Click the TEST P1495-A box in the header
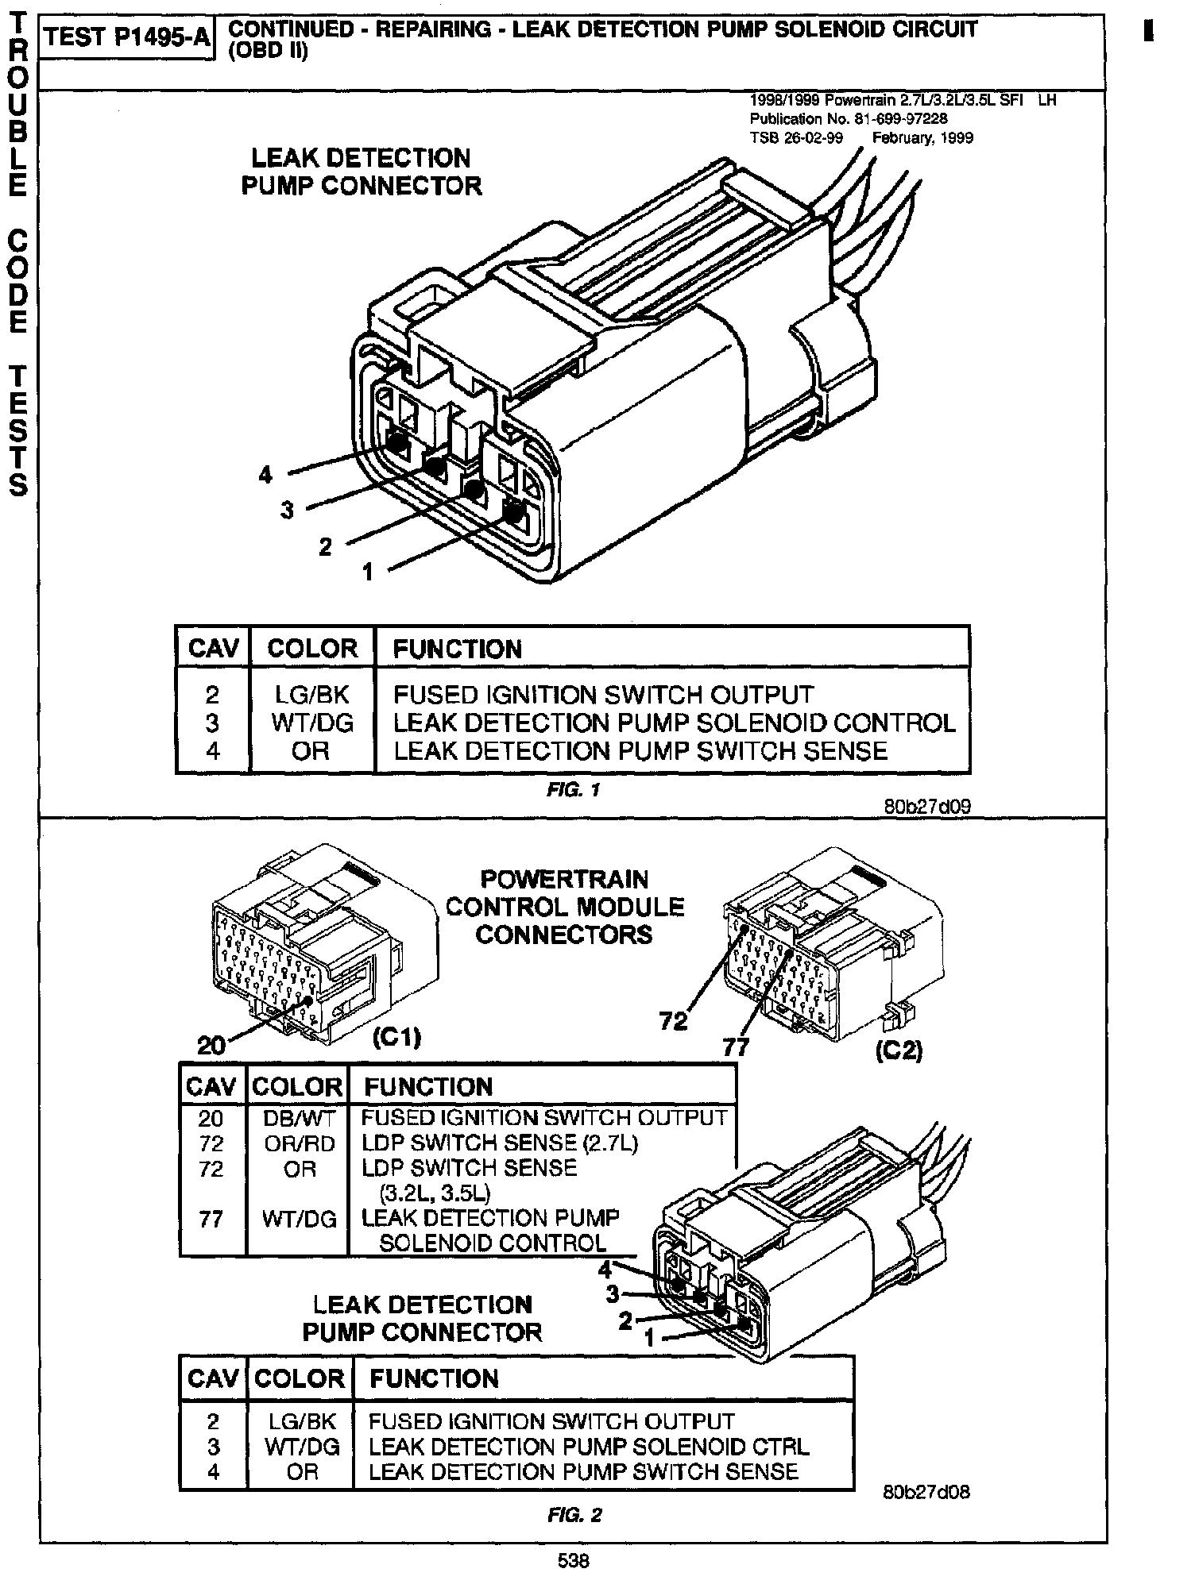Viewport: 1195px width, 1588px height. click(126, 39)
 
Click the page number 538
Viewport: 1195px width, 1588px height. click(573, 1561)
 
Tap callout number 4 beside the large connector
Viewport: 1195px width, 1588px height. click(265, 475)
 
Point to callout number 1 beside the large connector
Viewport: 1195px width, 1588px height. click(367, 571)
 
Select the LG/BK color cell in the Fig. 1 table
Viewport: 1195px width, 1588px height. click(311, 695)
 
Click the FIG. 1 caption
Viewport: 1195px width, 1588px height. click(573, 790)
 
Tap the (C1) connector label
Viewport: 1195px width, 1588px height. click(396, 1038)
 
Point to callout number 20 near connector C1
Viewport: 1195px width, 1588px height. click(211, 1046)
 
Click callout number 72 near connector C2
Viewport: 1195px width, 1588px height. click(673, 1021)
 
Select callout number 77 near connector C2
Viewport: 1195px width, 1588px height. click(736, 1048)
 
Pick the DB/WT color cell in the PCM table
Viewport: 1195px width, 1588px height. click(299, 1118)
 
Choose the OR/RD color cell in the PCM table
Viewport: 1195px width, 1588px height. click(299, 1143)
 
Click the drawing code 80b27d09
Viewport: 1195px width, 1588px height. click(927, 807)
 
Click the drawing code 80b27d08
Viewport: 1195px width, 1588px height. click(926, 1492)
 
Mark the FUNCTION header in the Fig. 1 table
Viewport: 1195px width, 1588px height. click(458, 649)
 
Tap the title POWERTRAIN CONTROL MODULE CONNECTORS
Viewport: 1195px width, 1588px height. click(564, 907)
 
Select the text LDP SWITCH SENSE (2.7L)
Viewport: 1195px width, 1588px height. click(500, 1143)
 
